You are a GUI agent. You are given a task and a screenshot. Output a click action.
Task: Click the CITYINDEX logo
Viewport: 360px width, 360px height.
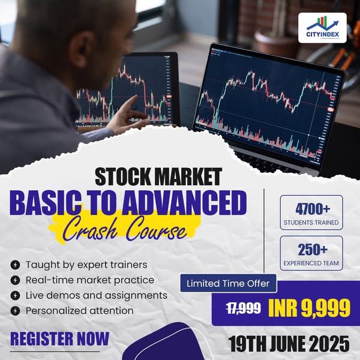click(x=322, y=28)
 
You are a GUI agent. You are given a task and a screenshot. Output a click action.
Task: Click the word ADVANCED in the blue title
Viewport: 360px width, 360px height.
click(x=184, y=203)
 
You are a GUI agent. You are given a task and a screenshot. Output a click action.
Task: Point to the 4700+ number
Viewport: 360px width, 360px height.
click(x=313, y=209)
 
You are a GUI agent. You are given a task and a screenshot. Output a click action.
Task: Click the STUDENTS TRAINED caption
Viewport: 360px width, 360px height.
click(x=311, y=223)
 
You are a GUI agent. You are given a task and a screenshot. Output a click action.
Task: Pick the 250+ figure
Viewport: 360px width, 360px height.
click(x=313, y=250)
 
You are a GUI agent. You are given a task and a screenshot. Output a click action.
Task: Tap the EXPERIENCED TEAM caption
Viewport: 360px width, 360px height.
click(x=311, y=263)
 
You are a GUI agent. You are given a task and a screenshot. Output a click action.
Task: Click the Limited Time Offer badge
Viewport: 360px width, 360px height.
click(x=228, y=283)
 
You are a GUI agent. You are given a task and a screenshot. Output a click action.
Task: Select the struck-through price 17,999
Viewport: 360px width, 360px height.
click(x=244, y=308)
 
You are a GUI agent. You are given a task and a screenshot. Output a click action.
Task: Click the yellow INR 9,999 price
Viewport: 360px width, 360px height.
click(x=309, y=308)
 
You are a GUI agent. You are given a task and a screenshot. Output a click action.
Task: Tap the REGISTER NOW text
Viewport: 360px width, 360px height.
click(x=59, y=339)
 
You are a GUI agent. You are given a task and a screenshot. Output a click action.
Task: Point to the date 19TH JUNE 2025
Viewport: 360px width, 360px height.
click(x=289, y=344)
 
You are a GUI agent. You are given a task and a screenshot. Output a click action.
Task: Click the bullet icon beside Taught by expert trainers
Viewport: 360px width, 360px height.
click(x=15, y=265)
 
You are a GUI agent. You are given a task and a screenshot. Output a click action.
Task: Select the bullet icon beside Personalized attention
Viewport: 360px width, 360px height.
click(x=15, y=311)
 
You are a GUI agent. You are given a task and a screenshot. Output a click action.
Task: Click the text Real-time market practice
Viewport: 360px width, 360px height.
click(x=90, y=280)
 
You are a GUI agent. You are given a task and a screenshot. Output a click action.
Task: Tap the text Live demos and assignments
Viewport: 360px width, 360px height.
click(x=97, y=295)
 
